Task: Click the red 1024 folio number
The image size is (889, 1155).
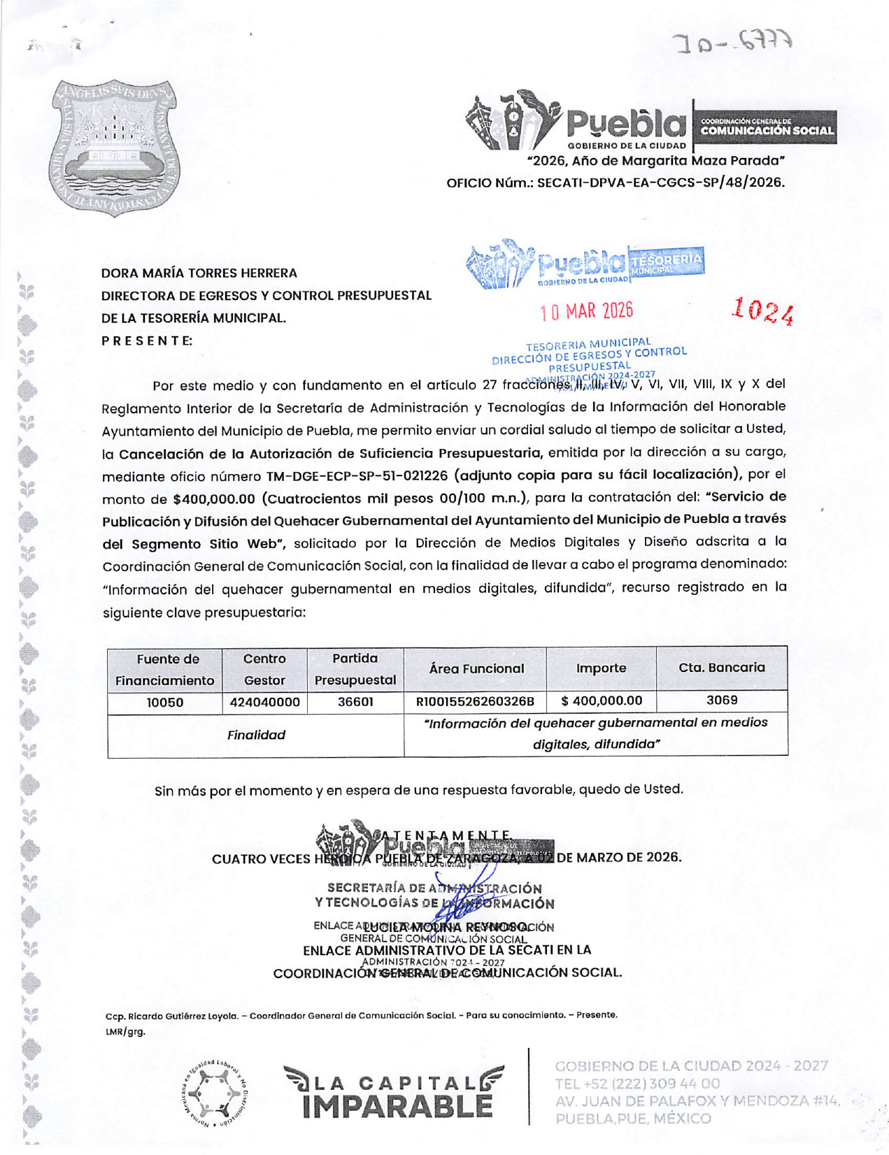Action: tap(762, 311)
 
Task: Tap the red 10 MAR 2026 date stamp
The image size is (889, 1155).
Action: tap(586, 311)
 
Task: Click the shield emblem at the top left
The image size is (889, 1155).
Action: tap(115, 148)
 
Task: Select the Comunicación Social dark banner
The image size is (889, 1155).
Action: tap(766, 127)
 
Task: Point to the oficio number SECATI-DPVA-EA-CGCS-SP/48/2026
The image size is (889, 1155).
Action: tap(660, 183)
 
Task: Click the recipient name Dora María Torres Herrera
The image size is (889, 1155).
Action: tap(199, 273)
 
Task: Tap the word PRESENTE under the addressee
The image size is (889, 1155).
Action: tap(147, 341)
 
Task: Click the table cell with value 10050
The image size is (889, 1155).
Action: tap(164, 703)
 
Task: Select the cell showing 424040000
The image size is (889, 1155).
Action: tap(264, 703)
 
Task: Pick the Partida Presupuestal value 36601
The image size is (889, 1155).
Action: tap(355, 702)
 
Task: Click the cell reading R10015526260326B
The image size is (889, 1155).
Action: tap(475, 702)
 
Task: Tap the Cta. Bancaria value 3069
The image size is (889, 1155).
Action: tap(721, 700)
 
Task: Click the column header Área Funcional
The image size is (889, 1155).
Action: tap(476, 669)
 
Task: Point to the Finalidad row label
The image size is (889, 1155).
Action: tap(256, 735)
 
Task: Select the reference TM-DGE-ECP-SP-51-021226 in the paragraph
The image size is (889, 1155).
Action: tap(357, 476)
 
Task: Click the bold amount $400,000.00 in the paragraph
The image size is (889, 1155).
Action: tap(213, 499)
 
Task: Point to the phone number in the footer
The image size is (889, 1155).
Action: tap(636, 1084)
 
